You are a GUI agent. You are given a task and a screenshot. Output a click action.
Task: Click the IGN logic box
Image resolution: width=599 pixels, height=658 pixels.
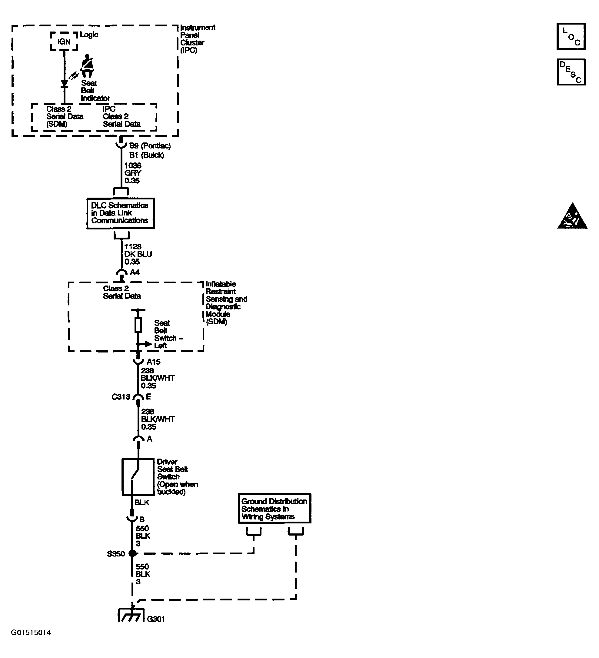(64, 42)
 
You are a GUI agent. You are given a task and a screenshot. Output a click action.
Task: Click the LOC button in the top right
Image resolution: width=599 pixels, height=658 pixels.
(571, 36)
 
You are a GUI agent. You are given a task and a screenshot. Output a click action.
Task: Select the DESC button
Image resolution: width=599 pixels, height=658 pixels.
(571, 72)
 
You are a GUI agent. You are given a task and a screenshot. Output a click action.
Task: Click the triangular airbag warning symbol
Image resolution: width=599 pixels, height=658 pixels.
(572, 217)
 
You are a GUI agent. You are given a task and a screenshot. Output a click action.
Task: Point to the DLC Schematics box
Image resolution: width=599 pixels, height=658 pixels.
(120, 213)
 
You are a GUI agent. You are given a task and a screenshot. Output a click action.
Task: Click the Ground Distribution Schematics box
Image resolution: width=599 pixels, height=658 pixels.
(275, 509)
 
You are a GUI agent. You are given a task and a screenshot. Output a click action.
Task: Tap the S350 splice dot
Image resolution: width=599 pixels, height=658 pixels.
(132, 553)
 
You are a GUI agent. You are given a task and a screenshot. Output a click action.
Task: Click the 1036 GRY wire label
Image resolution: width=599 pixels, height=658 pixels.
(133, 173)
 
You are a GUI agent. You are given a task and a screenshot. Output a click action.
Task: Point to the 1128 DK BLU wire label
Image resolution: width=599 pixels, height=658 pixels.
(138, 254)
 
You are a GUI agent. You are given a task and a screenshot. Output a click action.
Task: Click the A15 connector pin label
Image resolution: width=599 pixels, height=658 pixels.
(153, 362)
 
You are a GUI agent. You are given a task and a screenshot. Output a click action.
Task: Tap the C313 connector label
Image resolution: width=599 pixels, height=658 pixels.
(121, 397)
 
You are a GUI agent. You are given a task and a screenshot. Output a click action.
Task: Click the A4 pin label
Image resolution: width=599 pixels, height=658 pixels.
(135, 272)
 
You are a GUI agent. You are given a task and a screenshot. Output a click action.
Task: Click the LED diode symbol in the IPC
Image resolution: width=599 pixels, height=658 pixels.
(65, 84)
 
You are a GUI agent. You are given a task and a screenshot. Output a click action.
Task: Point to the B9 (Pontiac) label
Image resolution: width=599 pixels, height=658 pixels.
(150, 146)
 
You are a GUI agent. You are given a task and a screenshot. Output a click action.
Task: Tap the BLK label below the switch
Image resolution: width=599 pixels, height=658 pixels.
(141, 502)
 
